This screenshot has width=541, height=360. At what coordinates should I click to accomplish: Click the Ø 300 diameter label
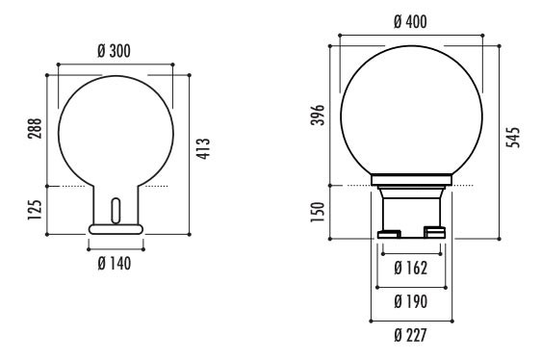coord(115,51)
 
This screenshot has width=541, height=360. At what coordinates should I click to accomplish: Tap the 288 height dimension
coord(35,128)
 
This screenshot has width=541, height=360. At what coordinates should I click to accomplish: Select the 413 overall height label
coord(203,149)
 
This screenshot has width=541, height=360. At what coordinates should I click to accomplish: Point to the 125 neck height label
coord(35,210)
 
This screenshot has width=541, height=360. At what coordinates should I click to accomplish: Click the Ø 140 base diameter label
coord(115,264)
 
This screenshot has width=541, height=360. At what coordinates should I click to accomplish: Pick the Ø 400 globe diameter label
coord(410,21)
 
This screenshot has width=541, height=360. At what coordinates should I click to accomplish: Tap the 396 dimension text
coord(318,115)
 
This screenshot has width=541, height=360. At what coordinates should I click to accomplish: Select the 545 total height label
coord(513,138)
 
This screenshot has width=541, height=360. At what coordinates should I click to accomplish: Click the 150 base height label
coord(318,212)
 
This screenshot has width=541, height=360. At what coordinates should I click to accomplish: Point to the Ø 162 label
coord(411,269)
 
